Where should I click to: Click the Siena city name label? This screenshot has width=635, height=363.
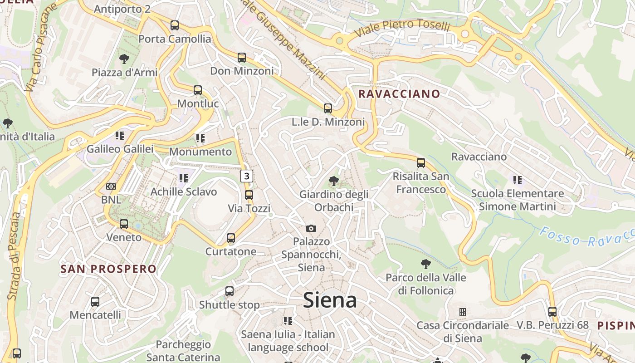[x=330, y=300]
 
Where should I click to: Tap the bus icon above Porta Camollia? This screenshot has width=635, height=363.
[x=175, y=25]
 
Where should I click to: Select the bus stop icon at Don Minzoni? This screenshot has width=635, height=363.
[x=242, y=58]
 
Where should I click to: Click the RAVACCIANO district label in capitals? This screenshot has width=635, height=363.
[x=399, y=94]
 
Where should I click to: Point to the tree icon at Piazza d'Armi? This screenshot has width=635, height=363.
[x=124, y=59]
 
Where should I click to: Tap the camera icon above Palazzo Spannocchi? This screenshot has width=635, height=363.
[x=311, y=228]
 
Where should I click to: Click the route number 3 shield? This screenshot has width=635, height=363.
[x=246, y=176]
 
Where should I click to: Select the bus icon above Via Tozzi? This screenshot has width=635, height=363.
[x=249, y=195]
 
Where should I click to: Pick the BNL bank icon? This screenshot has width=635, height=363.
[x=111, y=186]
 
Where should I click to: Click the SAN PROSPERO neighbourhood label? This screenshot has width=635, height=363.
[x=108, y=269]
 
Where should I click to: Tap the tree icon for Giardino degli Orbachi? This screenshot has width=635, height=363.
[x=334, y=181]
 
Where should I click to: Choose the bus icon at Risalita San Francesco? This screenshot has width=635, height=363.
[x=421, y=162]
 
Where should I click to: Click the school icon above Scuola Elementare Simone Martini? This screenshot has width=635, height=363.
[x=517, y=180]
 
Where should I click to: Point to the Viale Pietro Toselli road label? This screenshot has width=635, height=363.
[x=402, y=28]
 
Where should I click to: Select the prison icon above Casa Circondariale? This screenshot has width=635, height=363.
[x=463, y=312]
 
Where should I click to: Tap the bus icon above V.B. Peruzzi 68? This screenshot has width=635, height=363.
[x=552, y=312]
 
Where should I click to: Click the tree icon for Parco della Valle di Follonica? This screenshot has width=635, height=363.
[x=425, y=264]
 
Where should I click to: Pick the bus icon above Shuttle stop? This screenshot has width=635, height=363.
[x=230, y=291]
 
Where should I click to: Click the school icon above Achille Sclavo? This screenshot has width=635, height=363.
[x=184, y=178]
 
